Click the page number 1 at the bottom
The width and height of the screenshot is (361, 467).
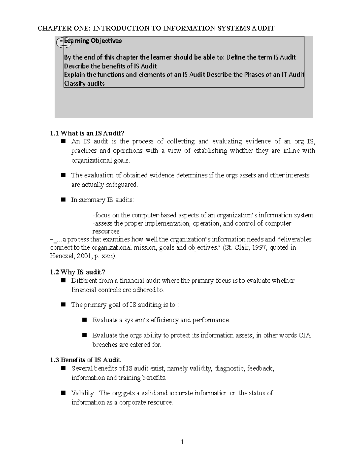182,442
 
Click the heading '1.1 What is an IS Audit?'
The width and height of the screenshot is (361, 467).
87,133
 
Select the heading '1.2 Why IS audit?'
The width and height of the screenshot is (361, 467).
77,272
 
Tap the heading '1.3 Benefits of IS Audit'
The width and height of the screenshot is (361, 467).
85,360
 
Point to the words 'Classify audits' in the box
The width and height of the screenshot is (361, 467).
84,84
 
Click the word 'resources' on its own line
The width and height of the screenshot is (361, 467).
106,232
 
